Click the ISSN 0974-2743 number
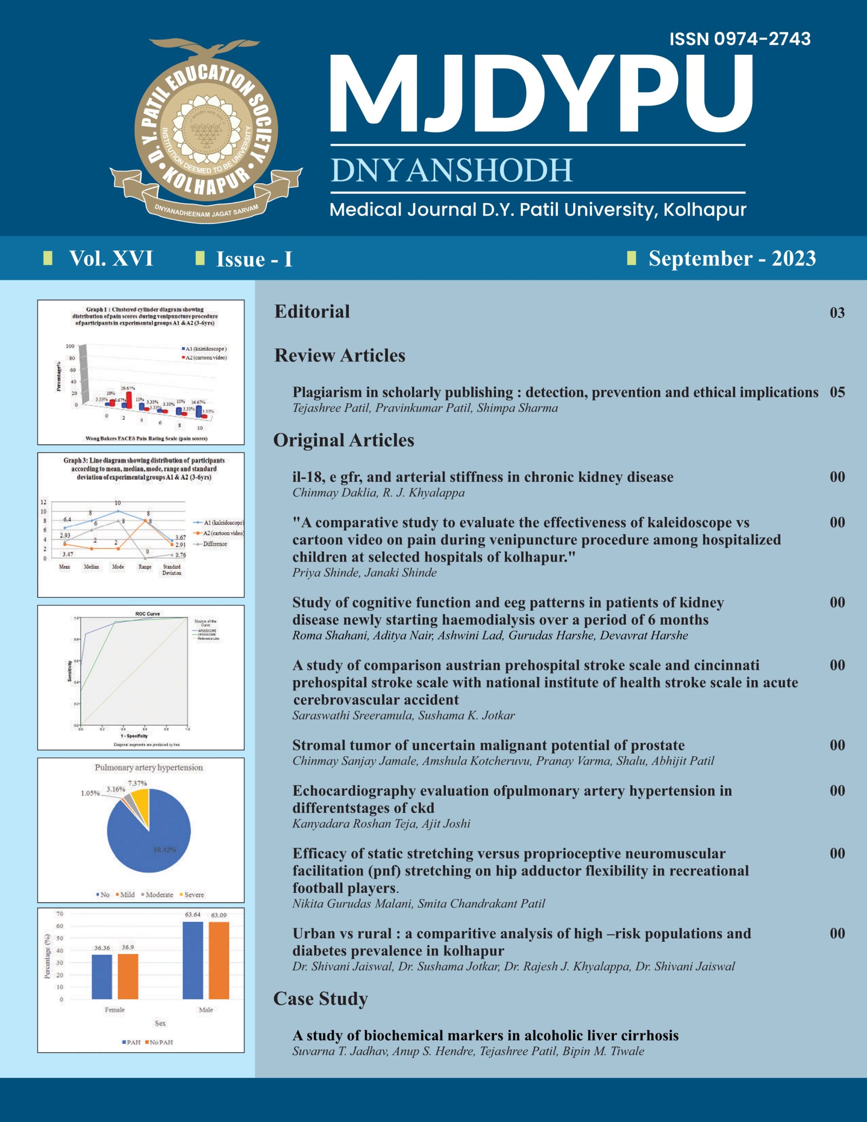coord(739,39)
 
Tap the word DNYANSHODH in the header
coord(451,170)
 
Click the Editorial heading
coord(312,311)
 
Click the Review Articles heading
coord(339,355)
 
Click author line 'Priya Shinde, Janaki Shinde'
coord(364,573)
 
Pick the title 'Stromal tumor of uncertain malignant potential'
coord(488,745)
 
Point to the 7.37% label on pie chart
coord(137,783)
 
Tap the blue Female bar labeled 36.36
coord(102,976)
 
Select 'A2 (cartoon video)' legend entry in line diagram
coord(223,533)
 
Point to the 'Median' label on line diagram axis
coord(92,567)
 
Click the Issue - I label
coord(254,259)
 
